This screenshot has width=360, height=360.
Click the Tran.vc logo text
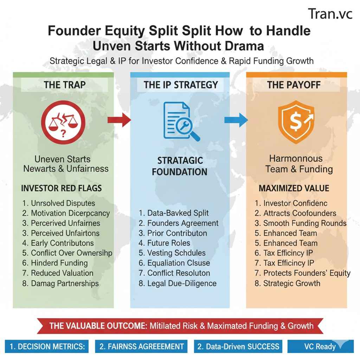tap(330, 14)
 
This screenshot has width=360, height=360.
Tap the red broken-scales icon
tap(63, 123)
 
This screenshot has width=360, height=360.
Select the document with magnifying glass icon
tap(181, 121)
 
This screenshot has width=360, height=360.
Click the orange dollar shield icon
tap(296, 122)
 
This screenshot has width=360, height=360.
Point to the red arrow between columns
tap(119, 120)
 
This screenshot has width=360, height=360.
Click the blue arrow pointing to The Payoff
tap(236, 120)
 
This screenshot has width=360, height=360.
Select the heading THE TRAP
tap(65, 85)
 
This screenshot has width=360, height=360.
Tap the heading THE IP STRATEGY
tap(181, 85)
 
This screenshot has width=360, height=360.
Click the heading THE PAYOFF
tap(294, 85)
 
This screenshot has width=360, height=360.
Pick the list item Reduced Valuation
tap(58, 273)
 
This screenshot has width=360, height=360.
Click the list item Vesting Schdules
tap(172, 253)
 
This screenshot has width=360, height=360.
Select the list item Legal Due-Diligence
tap(178, 283)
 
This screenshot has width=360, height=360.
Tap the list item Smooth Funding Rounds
tap(300, 223)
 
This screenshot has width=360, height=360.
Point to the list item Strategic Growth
tap(287, 283)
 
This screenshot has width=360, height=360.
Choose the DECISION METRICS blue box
tap(47, 346)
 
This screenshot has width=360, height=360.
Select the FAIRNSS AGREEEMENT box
tap(141, 346)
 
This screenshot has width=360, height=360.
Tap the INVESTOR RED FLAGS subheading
tap(61, 188)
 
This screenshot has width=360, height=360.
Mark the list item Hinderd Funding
tap(55, 263)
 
